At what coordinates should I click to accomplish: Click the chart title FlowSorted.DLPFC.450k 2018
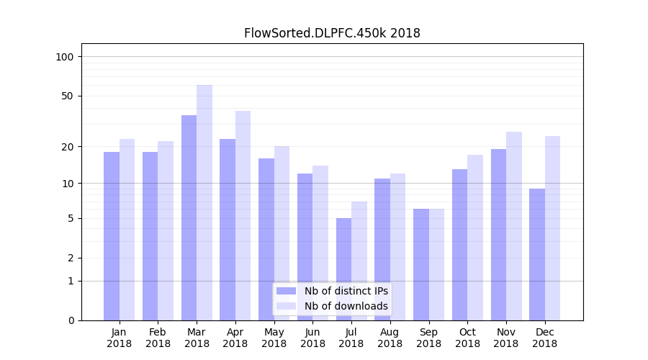(332, 33)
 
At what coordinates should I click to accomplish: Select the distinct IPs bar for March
(189, 217)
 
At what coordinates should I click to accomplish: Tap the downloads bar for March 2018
(204, 202)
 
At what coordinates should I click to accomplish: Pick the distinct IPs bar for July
(343, 269)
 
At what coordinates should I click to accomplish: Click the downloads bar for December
(552, 228)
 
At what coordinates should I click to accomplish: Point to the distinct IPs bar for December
(537, 254)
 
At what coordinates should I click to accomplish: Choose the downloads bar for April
(243, 215)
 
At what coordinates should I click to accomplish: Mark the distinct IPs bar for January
(112, 236)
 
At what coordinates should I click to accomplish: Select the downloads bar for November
(514, 226)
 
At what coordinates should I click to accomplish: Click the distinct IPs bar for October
(459, 245)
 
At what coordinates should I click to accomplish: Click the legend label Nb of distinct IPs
(346, 291)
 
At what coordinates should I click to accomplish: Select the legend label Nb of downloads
(346, 306)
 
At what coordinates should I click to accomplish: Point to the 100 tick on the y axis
(65, 57)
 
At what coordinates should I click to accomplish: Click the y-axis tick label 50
(68, 96)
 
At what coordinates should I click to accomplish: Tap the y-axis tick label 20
(68, 147)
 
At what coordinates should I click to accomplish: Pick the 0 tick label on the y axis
(71, 320)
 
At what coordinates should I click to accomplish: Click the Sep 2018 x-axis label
(428, 338)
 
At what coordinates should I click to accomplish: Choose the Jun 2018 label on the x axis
(312, 338)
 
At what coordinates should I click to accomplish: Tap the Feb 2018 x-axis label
(158, 338)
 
